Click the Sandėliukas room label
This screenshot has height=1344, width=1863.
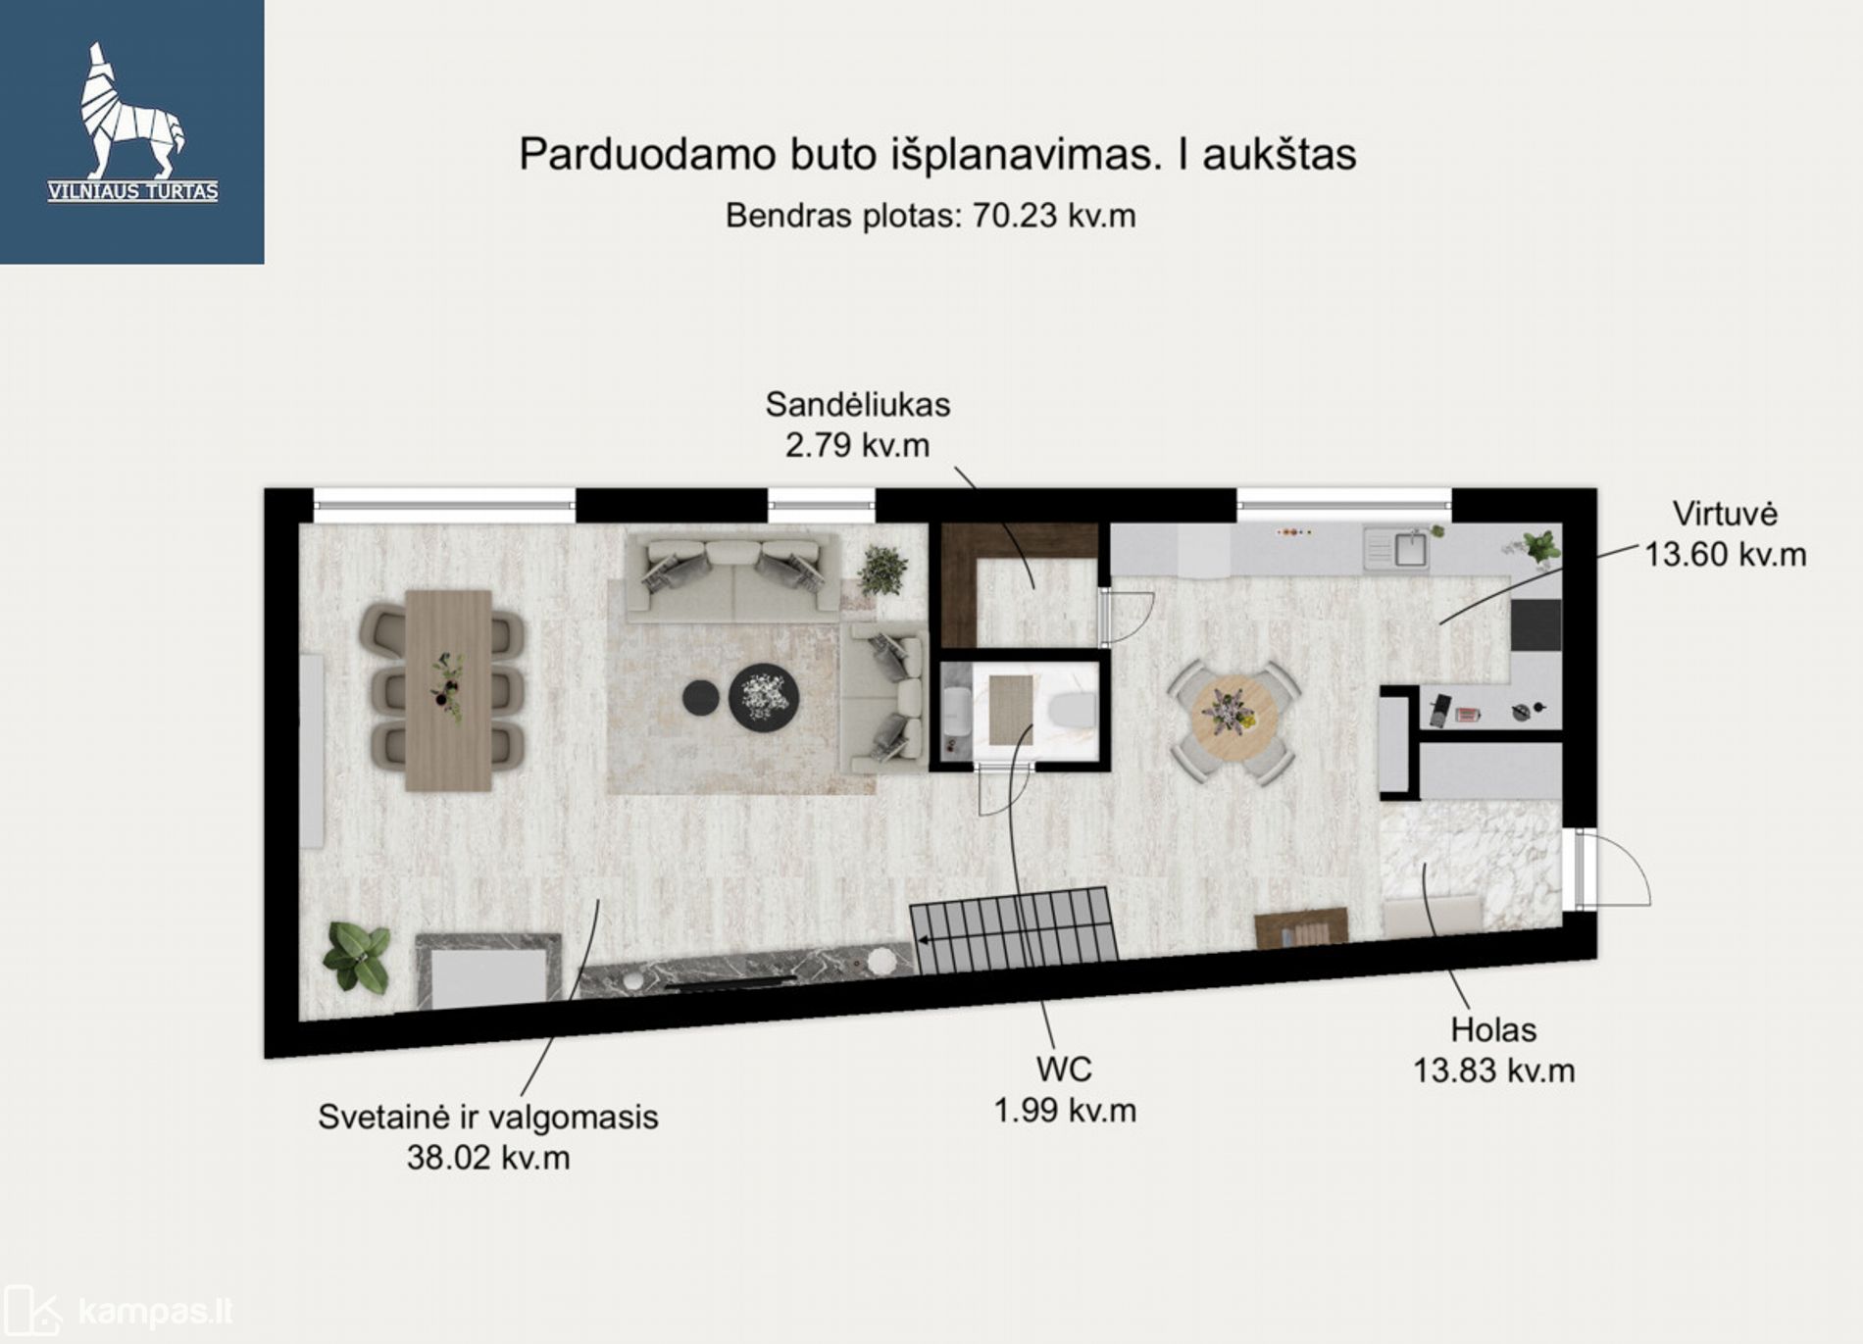(858, 404)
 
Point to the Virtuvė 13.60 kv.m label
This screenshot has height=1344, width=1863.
(1725, 534)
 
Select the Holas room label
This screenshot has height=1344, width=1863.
(1493, 1030)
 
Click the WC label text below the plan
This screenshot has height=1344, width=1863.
(1064, 1070)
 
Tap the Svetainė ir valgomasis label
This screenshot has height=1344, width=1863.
(488, 1117)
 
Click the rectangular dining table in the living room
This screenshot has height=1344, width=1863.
(448, 689)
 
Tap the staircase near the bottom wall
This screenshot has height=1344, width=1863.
(1014, 930)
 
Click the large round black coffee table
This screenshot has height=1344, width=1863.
(763, 697)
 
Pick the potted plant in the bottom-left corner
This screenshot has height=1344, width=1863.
(357, 957)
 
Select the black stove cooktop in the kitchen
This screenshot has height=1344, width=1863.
(1536, 624)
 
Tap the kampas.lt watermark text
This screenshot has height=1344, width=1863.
(155, 1311)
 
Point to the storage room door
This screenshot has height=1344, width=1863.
(1125, 618)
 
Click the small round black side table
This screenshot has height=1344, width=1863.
(701, 697)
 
